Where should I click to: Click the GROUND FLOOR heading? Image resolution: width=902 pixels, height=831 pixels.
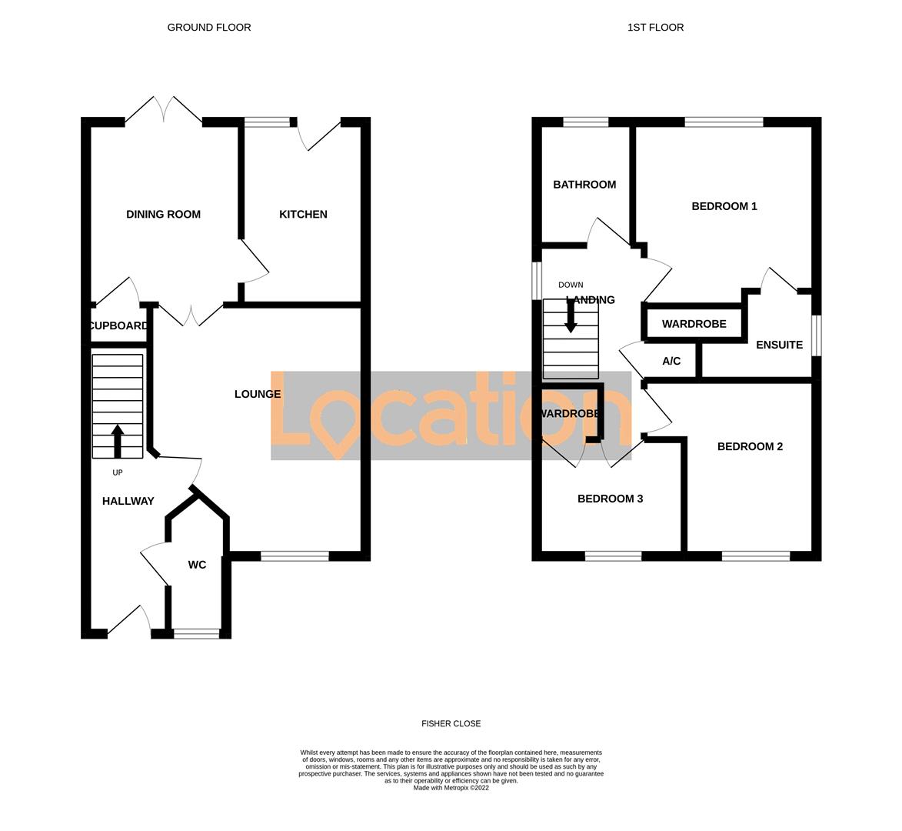(209, 28)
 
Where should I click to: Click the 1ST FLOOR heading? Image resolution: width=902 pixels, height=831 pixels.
(655, 28)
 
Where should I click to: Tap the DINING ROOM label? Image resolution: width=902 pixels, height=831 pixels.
(163, 215)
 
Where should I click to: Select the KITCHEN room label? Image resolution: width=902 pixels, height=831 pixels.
(303, 215)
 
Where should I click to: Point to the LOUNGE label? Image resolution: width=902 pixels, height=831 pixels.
(258, 395)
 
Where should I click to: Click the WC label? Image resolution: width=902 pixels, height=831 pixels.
(197, 565)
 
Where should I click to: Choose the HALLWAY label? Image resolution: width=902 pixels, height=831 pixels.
(128, 502)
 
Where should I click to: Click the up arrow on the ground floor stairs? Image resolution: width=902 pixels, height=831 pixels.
(118, 441)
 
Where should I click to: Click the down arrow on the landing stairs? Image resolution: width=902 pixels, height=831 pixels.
(571, 315)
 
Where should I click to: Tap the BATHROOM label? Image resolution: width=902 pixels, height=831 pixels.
(584, 185)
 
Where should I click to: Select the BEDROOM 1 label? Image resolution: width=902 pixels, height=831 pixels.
(724, 206)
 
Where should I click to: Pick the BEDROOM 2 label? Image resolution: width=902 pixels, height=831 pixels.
(750, 447)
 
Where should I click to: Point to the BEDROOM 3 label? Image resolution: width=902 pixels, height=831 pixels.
(610, 499)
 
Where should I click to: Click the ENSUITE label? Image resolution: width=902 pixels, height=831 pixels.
(779, 345)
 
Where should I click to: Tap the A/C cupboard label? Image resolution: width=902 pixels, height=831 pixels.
(671, 362)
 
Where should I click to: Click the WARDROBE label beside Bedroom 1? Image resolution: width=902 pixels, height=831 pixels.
(694, 324)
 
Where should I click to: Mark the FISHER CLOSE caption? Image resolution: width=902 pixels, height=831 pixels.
(451, 724)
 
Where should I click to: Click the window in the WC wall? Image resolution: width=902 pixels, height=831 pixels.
(197, 634)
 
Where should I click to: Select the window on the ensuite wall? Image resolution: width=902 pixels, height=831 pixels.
(817, 335)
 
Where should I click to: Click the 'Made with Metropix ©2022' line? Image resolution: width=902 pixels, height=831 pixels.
(451, 788)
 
